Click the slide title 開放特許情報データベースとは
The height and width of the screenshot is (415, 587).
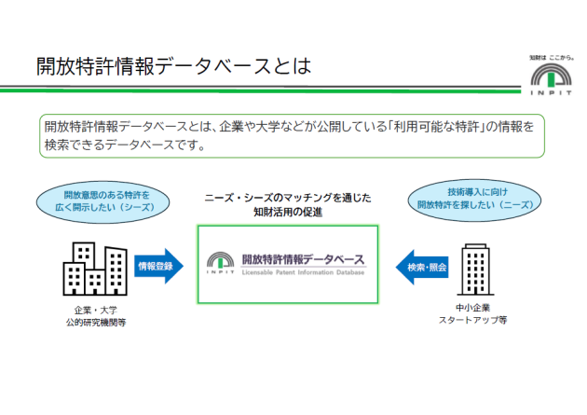[x=173, y=66]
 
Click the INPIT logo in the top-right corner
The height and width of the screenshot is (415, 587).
[x=551, y=79]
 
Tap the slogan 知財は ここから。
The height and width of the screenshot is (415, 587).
[x=552, y=58]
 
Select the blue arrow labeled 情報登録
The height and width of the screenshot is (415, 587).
[x=158, y=266]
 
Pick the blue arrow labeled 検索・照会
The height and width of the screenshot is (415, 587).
[x=422, y=267]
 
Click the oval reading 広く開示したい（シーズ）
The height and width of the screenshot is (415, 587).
[x=102, y=202]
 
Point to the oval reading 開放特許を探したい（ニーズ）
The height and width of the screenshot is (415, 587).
[x=474, y=200]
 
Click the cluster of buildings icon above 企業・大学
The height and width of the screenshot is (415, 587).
[x=95, y=269]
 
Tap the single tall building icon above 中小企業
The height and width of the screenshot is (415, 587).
[x=475, y=270]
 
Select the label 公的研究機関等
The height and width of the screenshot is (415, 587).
[x=96, y=323]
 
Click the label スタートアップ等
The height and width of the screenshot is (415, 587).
[x=472, y=320]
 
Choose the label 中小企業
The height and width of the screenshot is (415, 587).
[x=472, y=308]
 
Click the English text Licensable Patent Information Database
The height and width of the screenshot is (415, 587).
[x=303, y=272]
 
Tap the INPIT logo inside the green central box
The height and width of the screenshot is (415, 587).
[x=221, y=263]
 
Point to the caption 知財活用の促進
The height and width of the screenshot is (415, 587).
[x=288, y=212]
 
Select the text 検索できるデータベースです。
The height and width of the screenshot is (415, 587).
[x=125, y=145]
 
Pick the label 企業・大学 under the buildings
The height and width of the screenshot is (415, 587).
[x=96, y=311]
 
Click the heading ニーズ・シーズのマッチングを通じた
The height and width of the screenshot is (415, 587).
[x=288, y=198]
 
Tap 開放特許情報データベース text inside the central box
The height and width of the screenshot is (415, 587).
[x=303, y=259]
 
